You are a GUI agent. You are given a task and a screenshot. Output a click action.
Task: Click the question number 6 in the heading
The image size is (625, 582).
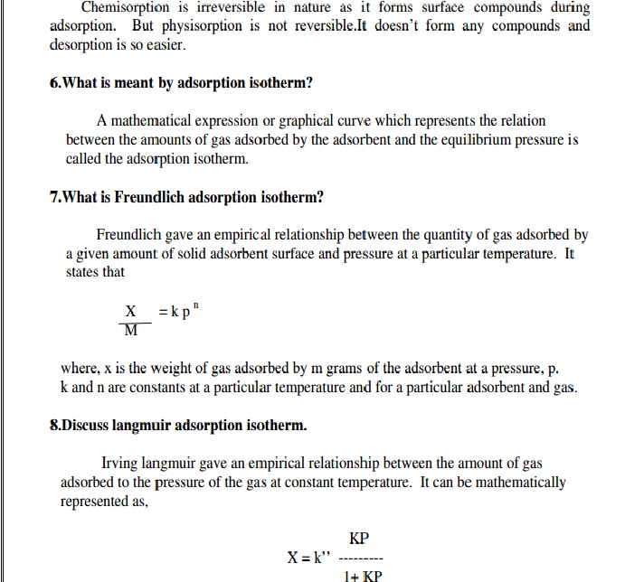[54, 83]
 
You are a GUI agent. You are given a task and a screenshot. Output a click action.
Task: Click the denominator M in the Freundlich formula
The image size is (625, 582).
[131, 331]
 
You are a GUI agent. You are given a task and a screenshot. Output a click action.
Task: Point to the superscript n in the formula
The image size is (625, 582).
[207, 305]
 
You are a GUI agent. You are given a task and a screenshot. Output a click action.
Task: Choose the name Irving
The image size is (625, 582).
[122, 463]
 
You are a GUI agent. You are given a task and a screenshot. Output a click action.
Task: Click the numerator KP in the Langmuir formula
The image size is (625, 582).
[359, 539]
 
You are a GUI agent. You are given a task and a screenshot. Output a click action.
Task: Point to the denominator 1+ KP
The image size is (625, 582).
[364, 576]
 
